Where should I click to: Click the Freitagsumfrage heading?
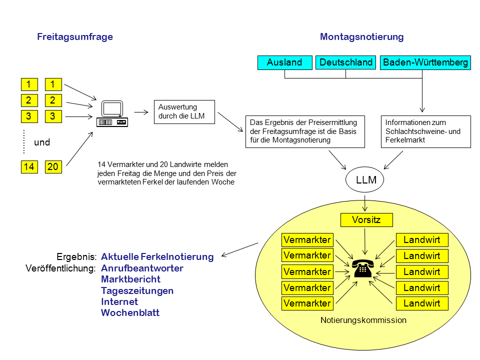point(75,37)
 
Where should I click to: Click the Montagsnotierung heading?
point(361,37)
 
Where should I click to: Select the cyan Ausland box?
point(284,62)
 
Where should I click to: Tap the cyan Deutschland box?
point(346,62)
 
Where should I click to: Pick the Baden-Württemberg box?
point(425,62)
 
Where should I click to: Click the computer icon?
point(112,113)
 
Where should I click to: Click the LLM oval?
point(366,180)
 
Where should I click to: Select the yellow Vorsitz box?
point(366,220)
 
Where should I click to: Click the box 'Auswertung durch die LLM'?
point(184,111)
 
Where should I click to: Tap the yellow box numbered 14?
point(29,167)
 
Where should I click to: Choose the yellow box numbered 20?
point(53,167)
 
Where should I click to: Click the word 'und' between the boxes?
point(42,142)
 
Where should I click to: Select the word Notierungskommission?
point(363,320)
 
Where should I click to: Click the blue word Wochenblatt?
point(130,313)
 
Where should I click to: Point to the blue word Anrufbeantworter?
point(142,268)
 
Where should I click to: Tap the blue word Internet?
point(119,301)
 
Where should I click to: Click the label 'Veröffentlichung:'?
point(60,268)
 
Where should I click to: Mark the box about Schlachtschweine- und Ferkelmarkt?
point(425,131)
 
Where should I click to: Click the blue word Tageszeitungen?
point(137,290)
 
